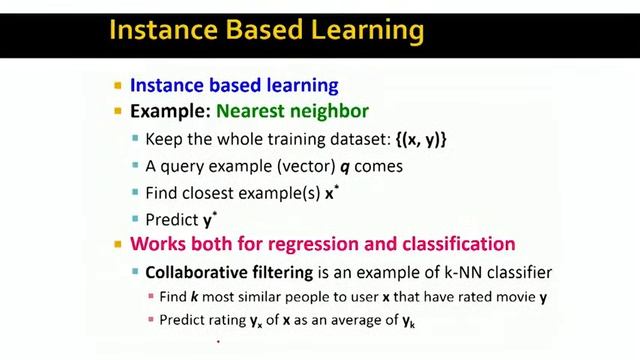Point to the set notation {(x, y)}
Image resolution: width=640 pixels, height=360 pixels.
point(409,139)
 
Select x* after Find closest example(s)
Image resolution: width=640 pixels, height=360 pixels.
point(331,193)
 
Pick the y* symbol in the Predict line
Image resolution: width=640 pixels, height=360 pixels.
point(209,220)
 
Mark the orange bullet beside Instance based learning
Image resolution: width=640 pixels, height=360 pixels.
point(118,86)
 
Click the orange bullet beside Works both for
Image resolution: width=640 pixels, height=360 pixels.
point(118,245)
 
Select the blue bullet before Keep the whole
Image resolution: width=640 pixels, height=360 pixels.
point(136,140)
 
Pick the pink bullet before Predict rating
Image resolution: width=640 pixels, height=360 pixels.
point(151,320)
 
